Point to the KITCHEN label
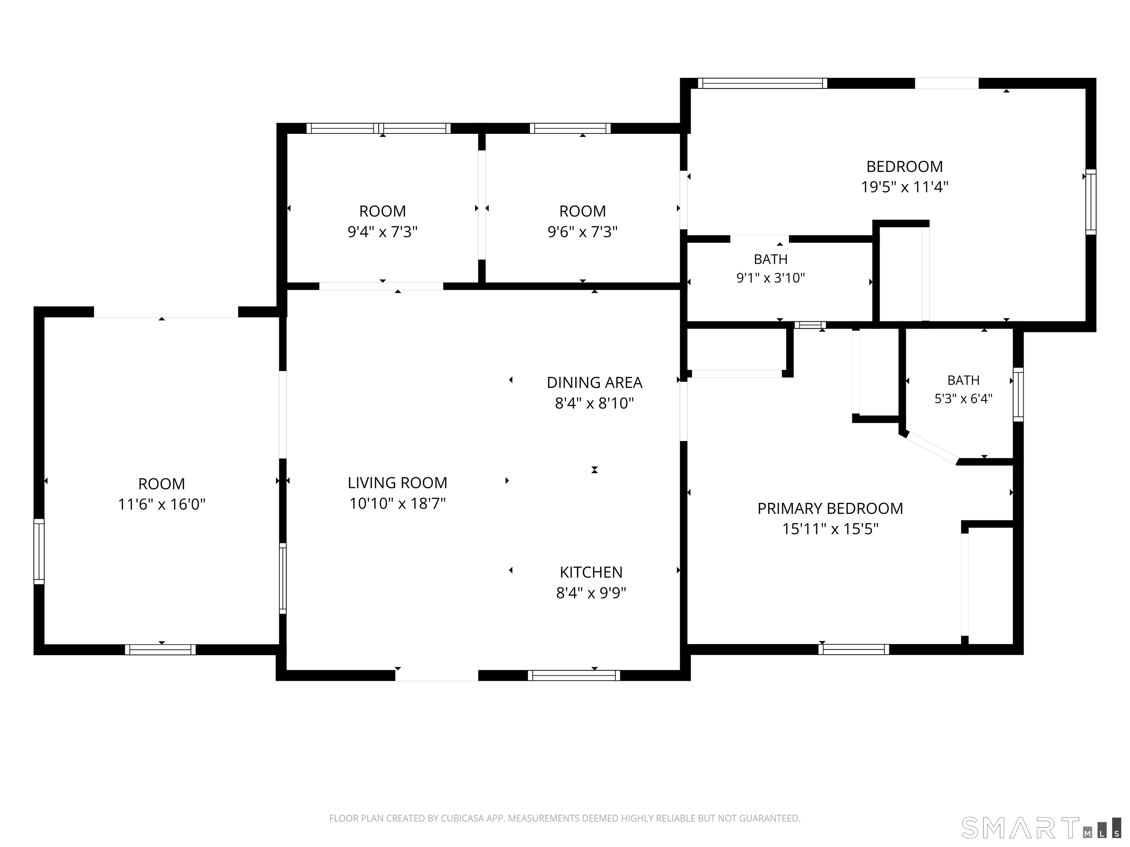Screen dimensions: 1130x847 coord(591,572)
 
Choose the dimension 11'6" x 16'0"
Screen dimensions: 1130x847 coord(161,504)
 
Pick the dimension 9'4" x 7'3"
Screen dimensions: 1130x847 coord(383,232)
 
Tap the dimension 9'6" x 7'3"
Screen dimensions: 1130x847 coord(582,232)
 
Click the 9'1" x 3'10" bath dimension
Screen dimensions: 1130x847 coord(770,278)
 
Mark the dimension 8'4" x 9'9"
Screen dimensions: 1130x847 coord(591,593)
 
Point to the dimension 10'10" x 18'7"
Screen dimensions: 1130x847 coord(397,503)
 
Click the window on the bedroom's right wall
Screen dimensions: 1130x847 coord(1091,202)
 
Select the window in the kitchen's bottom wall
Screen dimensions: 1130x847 coord(574,675)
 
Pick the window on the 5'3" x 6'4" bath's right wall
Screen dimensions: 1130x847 coord(1018,395)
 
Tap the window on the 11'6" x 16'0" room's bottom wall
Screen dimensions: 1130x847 coord(160,650)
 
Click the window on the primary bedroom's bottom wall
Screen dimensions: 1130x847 coord(854,650)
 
